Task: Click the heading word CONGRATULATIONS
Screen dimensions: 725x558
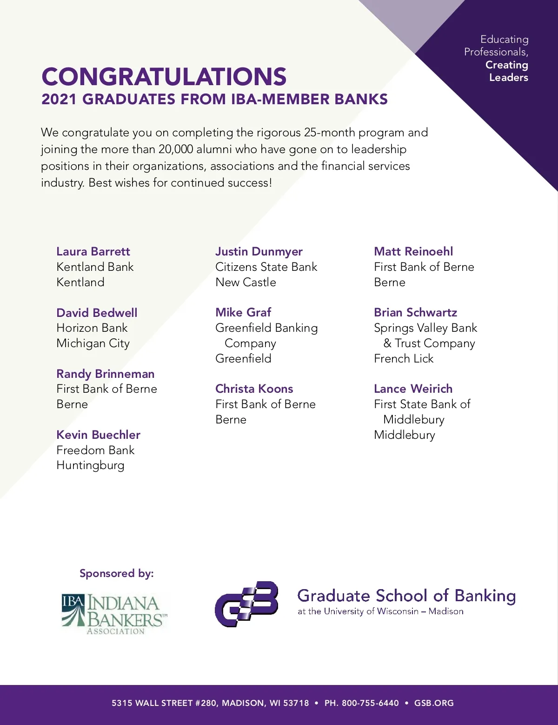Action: [x=164, y=77]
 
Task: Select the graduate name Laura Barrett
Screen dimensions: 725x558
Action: [x=93, y=252]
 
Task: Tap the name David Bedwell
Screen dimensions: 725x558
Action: [x=97, y=313]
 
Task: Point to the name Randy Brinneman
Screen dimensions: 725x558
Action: [x=105, y=374]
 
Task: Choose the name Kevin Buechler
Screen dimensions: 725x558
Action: [x=98, y=435]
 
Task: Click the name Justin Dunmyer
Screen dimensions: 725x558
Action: [x=259, y=252]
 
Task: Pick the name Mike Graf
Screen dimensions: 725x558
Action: [x=243, y=312]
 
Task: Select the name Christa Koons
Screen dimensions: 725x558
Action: [x=254, y=389]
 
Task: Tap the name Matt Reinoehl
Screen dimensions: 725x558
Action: [x=413, y=252]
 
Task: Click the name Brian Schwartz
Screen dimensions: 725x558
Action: [x=415, y=312]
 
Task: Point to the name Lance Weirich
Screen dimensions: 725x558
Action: [x=413, y=389]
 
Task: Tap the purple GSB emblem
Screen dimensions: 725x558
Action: [x=246, y=604]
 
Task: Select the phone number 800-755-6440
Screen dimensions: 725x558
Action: [x=370, y=703]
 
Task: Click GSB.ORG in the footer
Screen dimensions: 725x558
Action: [x=434, y=703]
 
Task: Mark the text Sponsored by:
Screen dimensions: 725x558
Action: [x=116, y=573]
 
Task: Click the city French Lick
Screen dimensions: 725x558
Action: [x=404, y=358]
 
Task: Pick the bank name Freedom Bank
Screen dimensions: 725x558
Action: [x=95, y=450]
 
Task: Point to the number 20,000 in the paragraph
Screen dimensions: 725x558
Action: [x=175, y=149]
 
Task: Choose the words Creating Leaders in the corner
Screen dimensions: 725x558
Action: [x=507, y=71]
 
